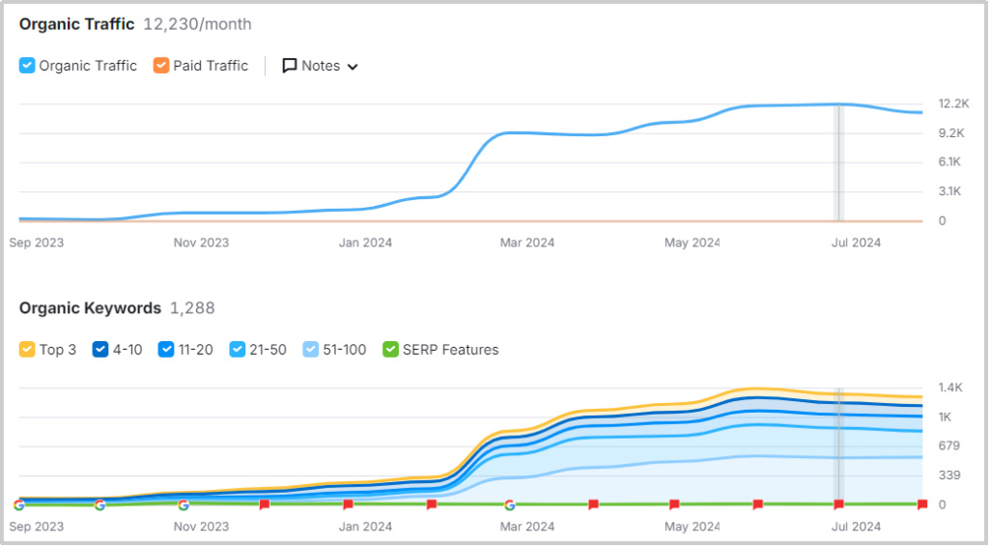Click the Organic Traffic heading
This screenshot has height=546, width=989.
[76, 24]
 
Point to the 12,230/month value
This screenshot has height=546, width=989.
[197, 24]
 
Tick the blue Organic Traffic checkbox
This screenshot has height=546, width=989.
[27, 66]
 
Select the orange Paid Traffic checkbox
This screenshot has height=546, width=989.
[161, 66]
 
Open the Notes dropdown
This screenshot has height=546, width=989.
[320, 66]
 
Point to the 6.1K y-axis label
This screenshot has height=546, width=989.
[950, 162]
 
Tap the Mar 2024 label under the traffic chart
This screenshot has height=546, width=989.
[526, 243]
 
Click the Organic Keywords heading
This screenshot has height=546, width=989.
[90, 308]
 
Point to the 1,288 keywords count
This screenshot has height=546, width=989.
[192, 308]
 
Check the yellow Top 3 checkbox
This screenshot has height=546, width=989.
[27, 350]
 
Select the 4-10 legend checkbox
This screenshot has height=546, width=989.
[100, 350]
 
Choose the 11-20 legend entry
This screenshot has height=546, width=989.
[166, 350]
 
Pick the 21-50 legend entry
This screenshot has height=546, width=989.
[239, 350]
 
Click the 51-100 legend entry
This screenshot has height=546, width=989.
[311, 350]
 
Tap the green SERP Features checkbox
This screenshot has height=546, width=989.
[391, 350]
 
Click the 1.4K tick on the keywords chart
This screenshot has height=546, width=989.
[950, 388]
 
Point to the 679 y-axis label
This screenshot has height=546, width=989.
[949, 445]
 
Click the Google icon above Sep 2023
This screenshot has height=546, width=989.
[19, 504]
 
